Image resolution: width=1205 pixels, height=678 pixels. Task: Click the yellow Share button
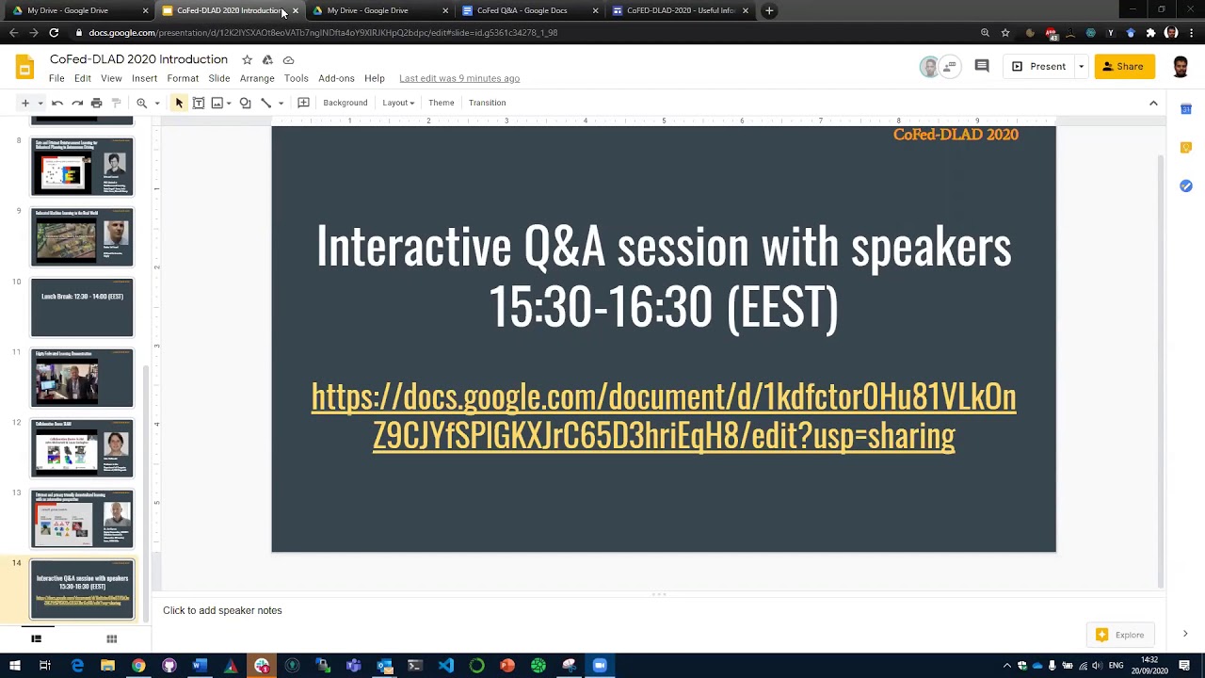1124,67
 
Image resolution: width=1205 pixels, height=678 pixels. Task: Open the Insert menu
144,78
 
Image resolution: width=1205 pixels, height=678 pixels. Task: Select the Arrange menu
257,78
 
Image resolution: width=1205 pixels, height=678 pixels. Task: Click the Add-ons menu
336,78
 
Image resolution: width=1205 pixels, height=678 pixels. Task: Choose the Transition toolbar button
487,103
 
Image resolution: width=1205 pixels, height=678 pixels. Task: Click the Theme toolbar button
441,103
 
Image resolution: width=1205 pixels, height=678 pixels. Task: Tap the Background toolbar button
345,103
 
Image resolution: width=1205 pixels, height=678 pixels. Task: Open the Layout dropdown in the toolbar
398,103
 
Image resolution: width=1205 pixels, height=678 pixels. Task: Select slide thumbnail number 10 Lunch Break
82,307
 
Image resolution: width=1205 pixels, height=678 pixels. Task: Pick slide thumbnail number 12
82,448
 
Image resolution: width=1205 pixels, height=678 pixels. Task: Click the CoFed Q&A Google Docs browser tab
522,10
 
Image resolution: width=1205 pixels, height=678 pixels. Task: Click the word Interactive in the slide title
413,247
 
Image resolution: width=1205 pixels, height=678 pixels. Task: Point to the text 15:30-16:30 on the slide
600,307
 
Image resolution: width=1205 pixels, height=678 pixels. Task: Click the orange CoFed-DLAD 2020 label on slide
956,135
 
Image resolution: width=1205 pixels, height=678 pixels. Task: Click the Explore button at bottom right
1120,635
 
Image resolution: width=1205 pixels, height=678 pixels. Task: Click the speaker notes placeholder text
222,610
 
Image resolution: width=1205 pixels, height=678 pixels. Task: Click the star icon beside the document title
247,59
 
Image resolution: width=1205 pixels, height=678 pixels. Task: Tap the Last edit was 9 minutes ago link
459,78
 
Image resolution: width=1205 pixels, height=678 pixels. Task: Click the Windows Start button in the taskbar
15,666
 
